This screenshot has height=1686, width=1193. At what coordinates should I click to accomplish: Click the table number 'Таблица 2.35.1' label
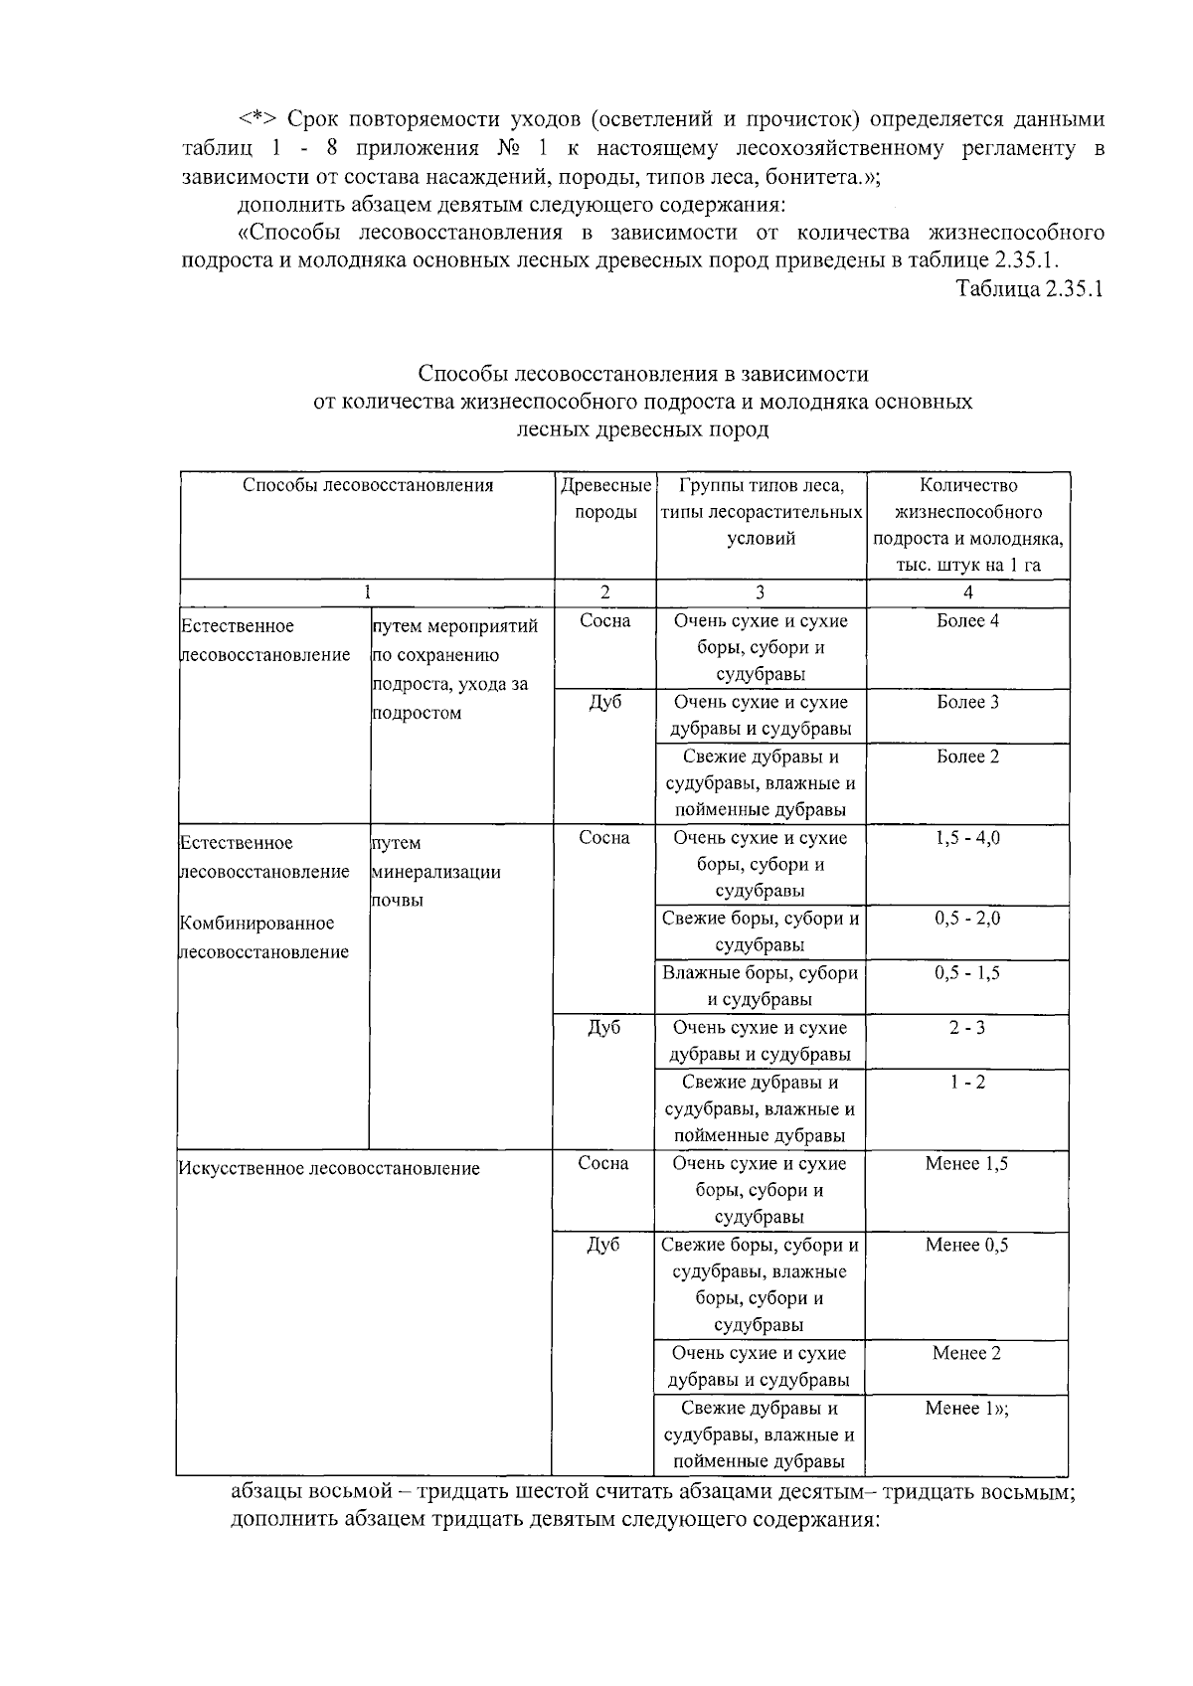point(1030,289)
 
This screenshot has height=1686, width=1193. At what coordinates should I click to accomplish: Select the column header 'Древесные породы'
point(605,499)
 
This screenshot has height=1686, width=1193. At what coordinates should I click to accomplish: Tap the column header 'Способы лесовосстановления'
point(368,486)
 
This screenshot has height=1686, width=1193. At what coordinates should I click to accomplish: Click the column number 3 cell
point(761,592)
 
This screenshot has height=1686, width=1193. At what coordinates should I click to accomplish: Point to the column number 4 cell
point(968,592)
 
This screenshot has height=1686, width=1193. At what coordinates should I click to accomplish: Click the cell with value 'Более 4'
point(968,621)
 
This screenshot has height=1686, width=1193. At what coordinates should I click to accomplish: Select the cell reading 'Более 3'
point(968,703)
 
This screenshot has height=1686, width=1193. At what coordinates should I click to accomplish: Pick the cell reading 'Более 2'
point(968,757)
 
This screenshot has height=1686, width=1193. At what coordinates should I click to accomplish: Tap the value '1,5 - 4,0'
point(968,838)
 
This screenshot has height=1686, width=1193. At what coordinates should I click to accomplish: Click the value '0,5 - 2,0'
point(968,920)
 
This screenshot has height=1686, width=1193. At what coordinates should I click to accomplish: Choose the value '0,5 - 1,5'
point(968,973)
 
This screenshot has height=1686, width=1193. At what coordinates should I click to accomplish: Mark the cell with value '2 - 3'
point(967,1028)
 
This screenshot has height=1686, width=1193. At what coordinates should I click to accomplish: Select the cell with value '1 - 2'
point(967,1083)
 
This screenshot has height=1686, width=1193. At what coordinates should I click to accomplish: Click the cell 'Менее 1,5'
point(966,1164)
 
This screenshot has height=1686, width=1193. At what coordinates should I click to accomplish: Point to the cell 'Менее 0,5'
point(966,1246)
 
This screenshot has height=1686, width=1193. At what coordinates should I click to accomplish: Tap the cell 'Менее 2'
point(966,1354)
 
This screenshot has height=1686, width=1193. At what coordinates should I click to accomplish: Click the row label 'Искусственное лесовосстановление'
point(329,1169)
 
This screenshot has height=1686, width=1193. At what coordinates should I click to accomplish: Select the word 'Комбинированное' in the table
point(256,924)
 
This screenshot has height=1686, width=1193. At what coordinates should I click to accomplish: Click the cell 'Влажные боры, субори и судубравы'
point(761,986)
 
